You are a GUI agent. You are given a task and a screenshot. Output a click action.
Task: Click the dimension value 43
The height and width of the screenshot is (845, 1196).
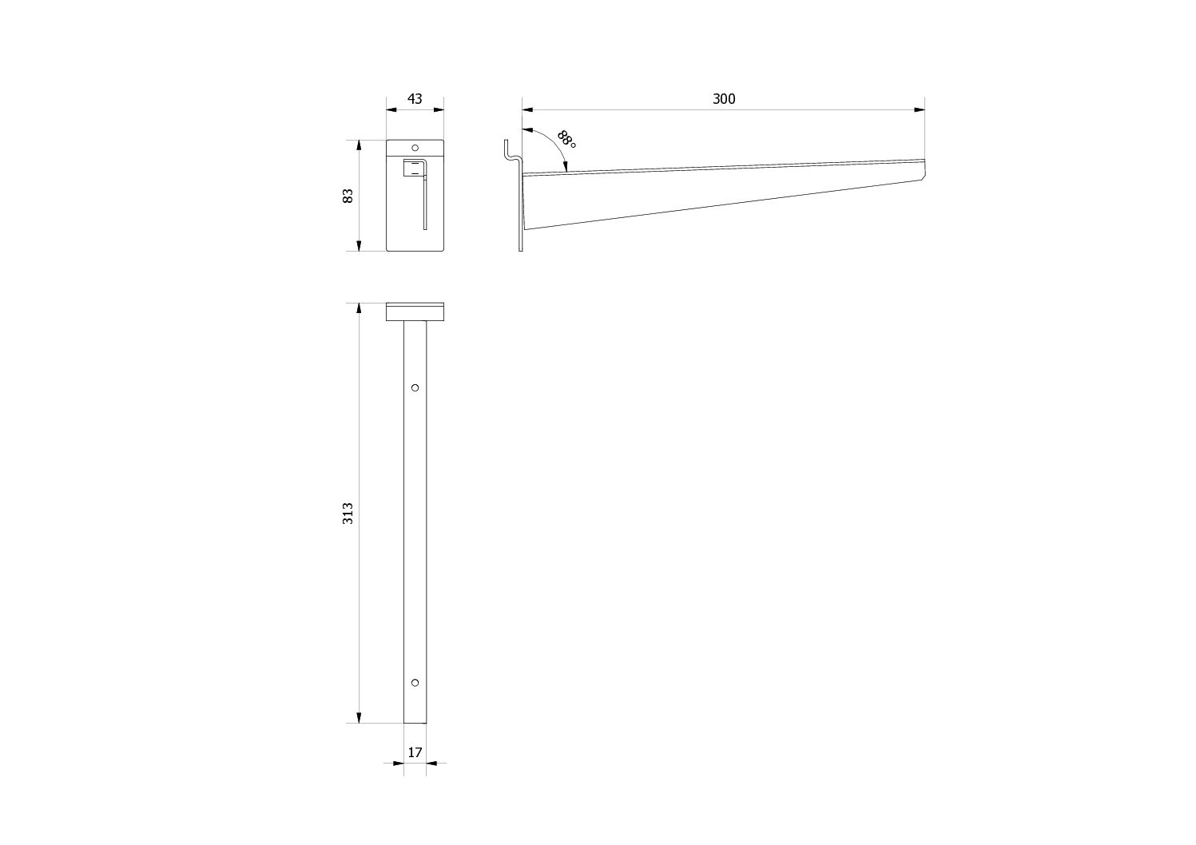tap(415, 99)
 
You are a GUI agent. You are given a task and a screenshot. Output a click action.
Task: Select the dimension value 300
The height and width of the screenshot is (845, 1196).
tap(724, 99)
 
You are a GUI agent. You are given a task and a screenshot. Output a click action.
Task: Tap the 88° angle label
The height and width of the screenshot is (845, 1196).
tap(566, 139)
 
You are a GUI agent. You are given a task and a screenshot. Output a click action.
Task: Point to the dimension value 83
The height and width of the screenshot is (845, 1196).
tap(348, 196)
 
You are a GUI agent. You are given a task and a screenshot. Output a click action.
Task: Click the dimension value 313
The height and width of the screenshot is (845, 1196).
tap(348, 513)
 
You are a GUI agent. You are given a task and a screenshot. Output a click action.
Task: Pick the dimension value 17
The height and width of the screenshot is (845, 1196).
tap(415, 752)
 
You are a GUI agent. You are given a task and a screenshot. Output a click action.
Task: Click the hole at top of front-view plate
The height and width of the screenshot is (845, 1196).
tap(415, 147)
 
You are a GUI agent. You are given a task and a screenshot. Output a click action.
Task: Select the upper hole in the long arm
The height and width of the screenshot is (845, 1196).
tap(415, 387)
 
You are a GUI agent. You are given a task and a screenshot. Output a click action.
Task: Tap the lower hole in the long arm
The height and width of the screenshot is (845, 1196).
tap(415, 683)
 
